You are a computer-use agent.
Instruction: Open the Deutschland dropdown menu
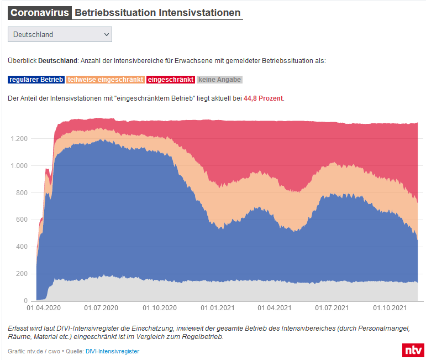click(x=60, y=34)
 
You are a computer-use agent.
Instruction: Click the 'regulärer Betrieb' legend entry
click(x=36, y=80)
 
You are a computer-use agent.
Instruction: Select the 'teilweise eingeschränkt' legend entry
click(x=106, y=80)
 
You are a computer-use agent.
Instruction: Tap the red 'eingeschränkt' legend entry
click(x=171, y=80)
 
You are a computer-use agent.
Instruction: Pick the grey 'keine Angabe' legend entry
click(x=219, y=80)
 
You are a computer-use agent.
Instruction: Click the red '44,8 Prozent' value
click(x=263, y=98)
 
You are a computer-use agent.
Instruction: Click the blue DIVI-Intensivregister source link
click(x=112, y=351)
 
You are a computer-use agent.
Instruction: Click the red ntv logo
click(x=412, y=350)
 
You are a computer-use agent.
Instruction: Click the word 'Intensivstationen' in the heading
click(x=201, y=12)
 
